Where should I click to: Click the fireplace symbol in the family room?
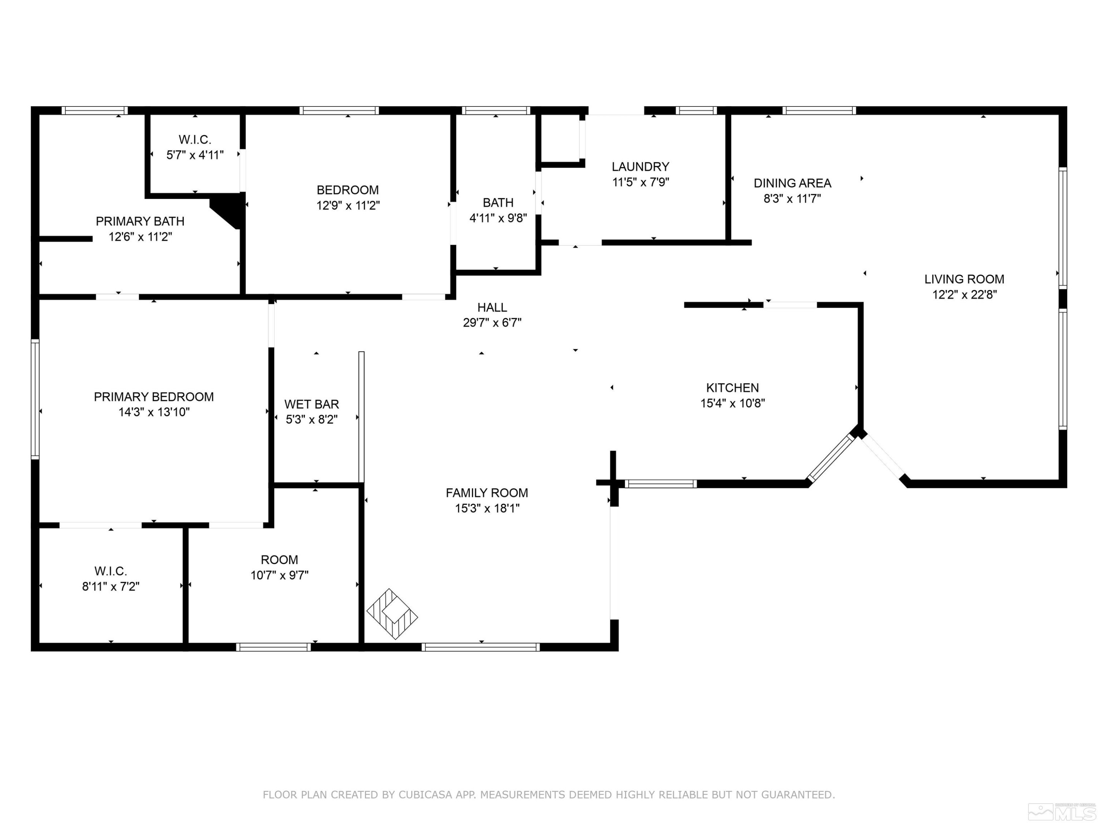coord(392,614)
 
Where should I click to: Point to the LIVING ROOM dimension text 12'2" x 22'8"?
coord(964,294)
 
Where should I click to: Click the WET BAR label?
coord(312,404)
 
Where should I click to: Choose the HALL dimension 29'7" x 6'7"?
coord(492,323)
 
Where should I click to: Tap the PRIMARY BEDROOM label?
coord(154,397)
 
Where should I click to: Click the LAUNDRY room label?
coord(640,167)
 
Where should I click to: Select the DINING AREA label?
coord(792,183)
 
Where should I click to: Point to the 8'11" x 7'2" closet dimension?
coord(111,586)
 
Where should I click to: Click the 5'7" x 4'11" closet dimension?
coord(195,155)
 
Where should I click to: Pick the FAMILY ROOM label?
coord(486,493)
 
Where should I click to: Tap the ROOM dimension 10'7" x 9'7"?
coord(280,575)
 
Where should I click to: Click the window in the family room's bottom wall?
coord(481,647)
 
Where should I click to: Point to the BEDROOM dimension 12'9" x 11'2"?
coord(348,205)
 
